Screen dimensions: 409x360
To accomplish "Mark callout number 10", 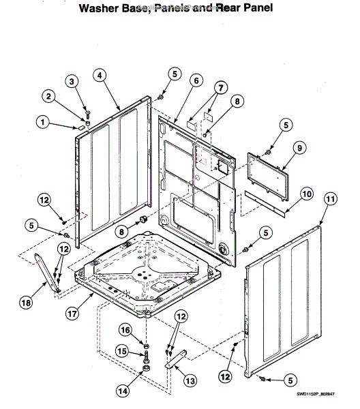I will (306, 194).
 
